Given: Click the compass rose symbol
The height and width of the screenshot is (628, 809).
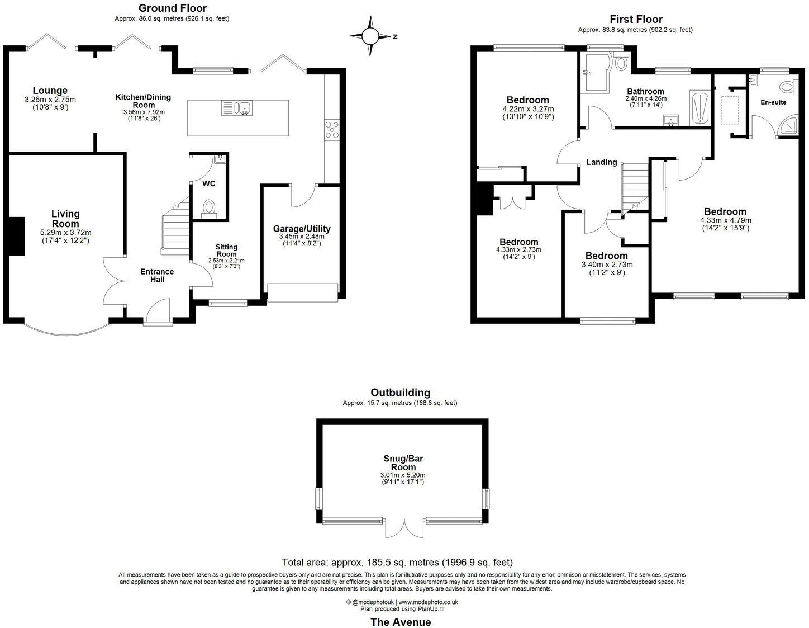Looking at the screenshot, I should (x=370, y=36).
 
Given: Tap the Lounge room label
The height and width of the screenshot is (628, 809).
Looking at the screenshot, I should (x=50, y=91).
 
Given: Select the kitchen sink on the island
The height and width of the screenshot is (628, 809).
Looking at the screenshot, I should (x=237, y=107).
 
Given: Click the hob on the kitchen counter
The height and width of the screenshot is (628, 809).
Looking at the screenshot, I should (x=331, y=129).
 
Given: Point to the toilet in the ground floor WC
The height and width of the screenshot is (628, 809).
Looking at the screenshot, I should (x=210, y=207).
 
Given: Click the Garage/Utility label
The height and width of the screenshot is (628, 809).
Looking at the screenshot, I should (x=301, y=229).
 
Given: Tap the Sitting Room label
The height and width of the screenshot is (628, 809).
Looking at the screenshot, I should (x=226, y=250).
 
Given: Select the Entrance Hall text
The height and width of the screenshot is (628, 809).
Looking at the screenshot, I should (x=157, y=275).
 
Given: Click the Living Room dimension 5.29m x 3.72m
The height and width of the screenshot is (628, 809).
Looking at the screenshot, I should (x=65, y=233).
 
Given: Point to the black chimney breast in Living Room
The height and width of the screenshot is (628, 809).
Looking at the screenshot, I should (x=17, y=237).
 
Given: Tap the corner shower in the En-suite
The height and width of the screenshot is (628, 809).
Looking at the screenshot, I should (x=789, y=127).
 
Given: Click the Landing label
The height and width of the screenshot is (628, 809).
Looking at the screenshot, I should (x=601, y=162).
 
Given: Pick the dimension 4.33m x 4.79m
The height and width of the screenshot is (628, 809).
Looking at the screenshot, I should (x=725, y=220).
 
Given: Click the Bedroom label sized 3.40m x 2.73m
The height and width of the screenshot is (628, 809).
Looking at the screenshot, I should (x=606, y=256).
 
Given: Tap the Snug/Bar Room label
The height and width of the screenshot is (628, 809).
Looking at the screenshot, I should (x=403, y=462).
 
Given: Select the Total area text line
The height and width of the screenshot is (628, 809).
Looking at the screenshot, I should (x=397, y=563).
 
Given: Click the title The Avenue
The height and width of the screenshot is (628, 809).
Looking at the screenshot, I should (x=401, y=622).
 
